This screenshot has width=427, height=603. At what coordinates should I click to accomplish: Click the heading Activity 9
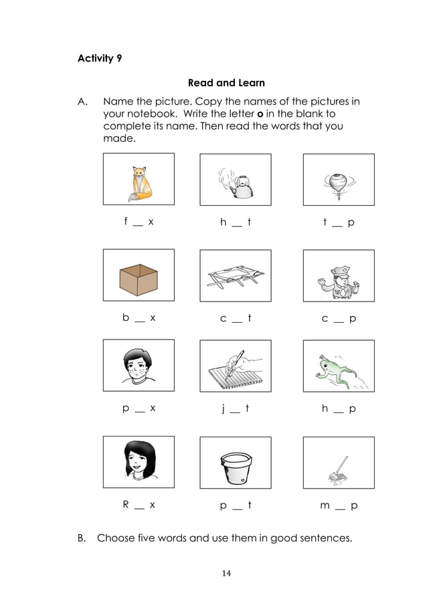pos(100,58)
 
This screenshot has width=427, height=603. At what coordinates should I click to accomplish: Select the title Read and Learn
pos(226,83)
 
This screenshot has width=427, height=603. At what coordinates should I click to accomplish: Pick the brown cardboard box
pos(138,277)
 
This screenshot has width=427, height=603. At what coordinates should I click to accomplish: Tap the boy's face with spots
pos(139,367)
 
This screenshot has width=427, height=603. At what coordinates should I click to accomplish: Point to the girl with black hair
pos(139,461)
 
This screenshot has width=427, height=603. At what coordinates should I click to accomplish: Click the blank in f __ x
pos(138,224)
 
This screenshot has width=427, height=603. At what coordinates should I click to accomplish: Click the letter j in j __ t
pos(223,408)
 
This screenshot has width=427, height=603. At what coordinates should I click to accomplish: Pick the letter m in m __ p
pos(325,505)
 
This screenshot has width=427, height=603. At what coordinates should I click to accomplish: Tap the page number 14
pos(226,573)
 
